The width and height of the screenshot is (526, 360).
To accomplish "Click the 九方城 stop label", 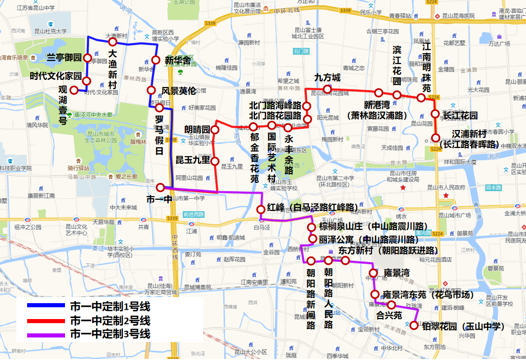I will click(327, 78).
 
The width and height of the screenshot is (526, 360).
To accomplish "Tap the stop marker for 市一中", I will click(161, 187).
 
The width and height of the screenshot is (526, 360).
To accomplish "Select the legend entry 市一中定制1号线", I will click(109, 307).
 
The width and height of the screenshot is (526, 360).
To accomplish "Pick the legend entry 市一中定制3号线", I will click(109, 334).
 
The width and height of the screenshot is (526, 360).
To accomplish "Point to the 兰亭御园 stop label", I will click(64, 57).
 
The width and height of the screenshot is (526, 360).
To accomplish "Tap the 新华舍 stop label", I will click(178, 60).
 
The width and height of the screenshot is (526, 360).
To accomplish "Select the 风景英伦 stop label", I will click(179, 91).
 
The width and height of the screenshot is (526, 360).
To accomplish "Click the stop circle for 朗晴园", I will click(215, 130).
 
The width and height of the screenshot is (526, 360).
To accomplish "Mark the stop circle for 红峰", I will click(260, 209).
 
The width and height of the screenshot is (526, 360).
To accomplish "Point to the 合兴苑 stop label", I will click(389, 314).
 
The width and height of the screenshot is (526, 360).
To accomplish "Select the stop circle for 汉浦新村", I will click(435, 137).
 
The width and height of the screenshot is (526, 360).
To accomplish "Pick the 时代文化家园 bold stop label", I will click(55, 76).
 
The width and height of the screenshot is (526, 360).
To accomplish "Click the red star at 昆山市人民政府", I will click(403, 188).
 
